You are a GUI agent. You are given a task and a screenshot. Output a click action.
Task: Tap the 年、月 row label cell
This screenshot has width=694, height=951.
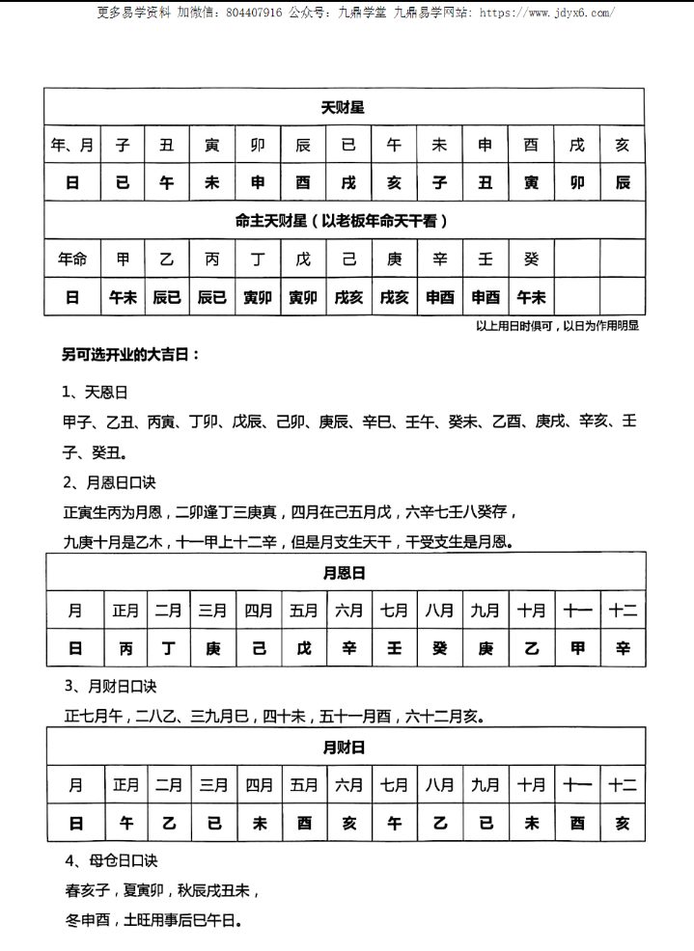click(x=72, y=145)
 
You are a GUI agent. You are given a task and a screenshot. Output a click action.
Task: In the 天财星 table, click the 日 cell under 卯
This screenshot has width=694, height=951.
click(x=259, y=182)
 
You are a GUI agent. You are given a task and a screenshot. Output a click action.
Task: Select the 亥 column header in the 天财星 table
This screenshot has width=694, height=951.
click(x=622, y=145)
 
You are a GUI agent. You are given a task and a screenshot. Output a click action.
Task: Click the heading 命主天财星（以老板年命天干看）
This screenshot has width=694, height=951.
click(x=343, y=221)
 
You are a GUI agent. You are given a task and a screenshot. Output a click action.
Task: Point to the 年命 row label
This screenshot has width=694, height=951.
click(x=72, y=258)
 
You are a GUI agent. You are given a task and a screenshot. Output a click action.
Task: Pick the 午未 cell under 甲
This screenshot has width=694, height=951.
click(x=123, y=297)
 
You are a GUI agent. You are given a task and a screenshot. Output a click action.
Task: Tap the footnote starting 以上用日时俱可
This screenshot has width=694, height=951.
click(x=557, y=326)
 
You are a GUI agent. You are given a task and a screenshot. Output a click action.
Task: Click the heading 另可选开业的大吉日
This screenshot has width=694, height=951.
click(x=131, y=355)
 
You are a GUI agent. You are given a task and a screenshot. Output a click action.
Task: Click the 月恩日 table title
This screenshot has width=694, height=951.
click(x=343, y=573)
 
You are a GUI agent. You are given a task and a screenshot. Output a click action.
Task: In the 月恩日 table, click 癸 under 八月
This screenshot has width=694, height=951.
click(x=440, y=648)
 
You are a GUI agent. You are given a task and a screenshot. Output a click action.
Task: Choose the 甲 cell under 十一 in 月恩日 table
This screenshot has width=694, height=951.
click(x=577, y=648)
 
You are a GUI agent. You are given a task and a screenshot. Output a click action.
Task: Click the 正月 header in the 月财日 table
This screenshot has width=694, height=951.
click(x=125, y=785)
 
